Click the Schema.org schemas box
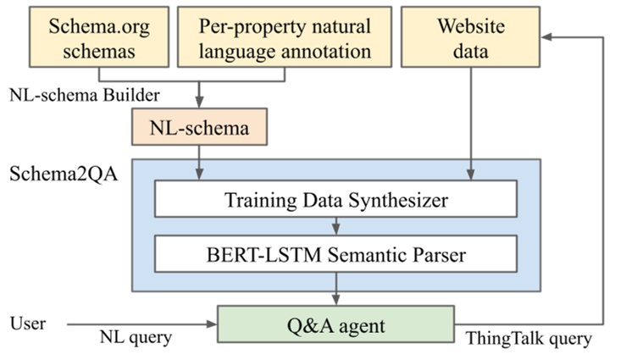tap(99, 37)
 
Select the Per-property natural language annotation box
tap(285, 37)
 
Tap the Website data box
tap(470, 37)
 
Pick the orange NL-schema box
tap(199, 127)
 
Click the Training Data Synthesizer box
tap(335, 199)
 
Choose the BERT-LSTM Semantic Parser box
tap(335, 254)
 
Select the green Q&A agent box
tap(335, 324)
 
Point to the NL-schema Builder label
tap(85, 95)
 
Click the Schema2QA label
tap(64, 174)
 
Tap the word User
tap(27, 324)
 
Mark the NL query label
tap(136, 337)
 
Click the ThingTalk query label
tap(529, 339)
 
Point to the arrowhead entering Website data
tap(546, 37)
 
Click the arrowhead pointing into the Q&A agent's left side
tap(212, 324)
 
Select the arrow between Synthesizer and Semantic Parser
tap(336, 226)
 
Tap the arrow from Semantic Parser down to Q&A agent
tap(336, 289)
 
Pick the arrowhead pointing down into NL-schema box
tap(199, 102)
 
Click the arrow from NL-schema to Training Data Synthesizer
tap(199, 163)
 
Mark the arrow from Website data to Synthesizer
tap(471, 124)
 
